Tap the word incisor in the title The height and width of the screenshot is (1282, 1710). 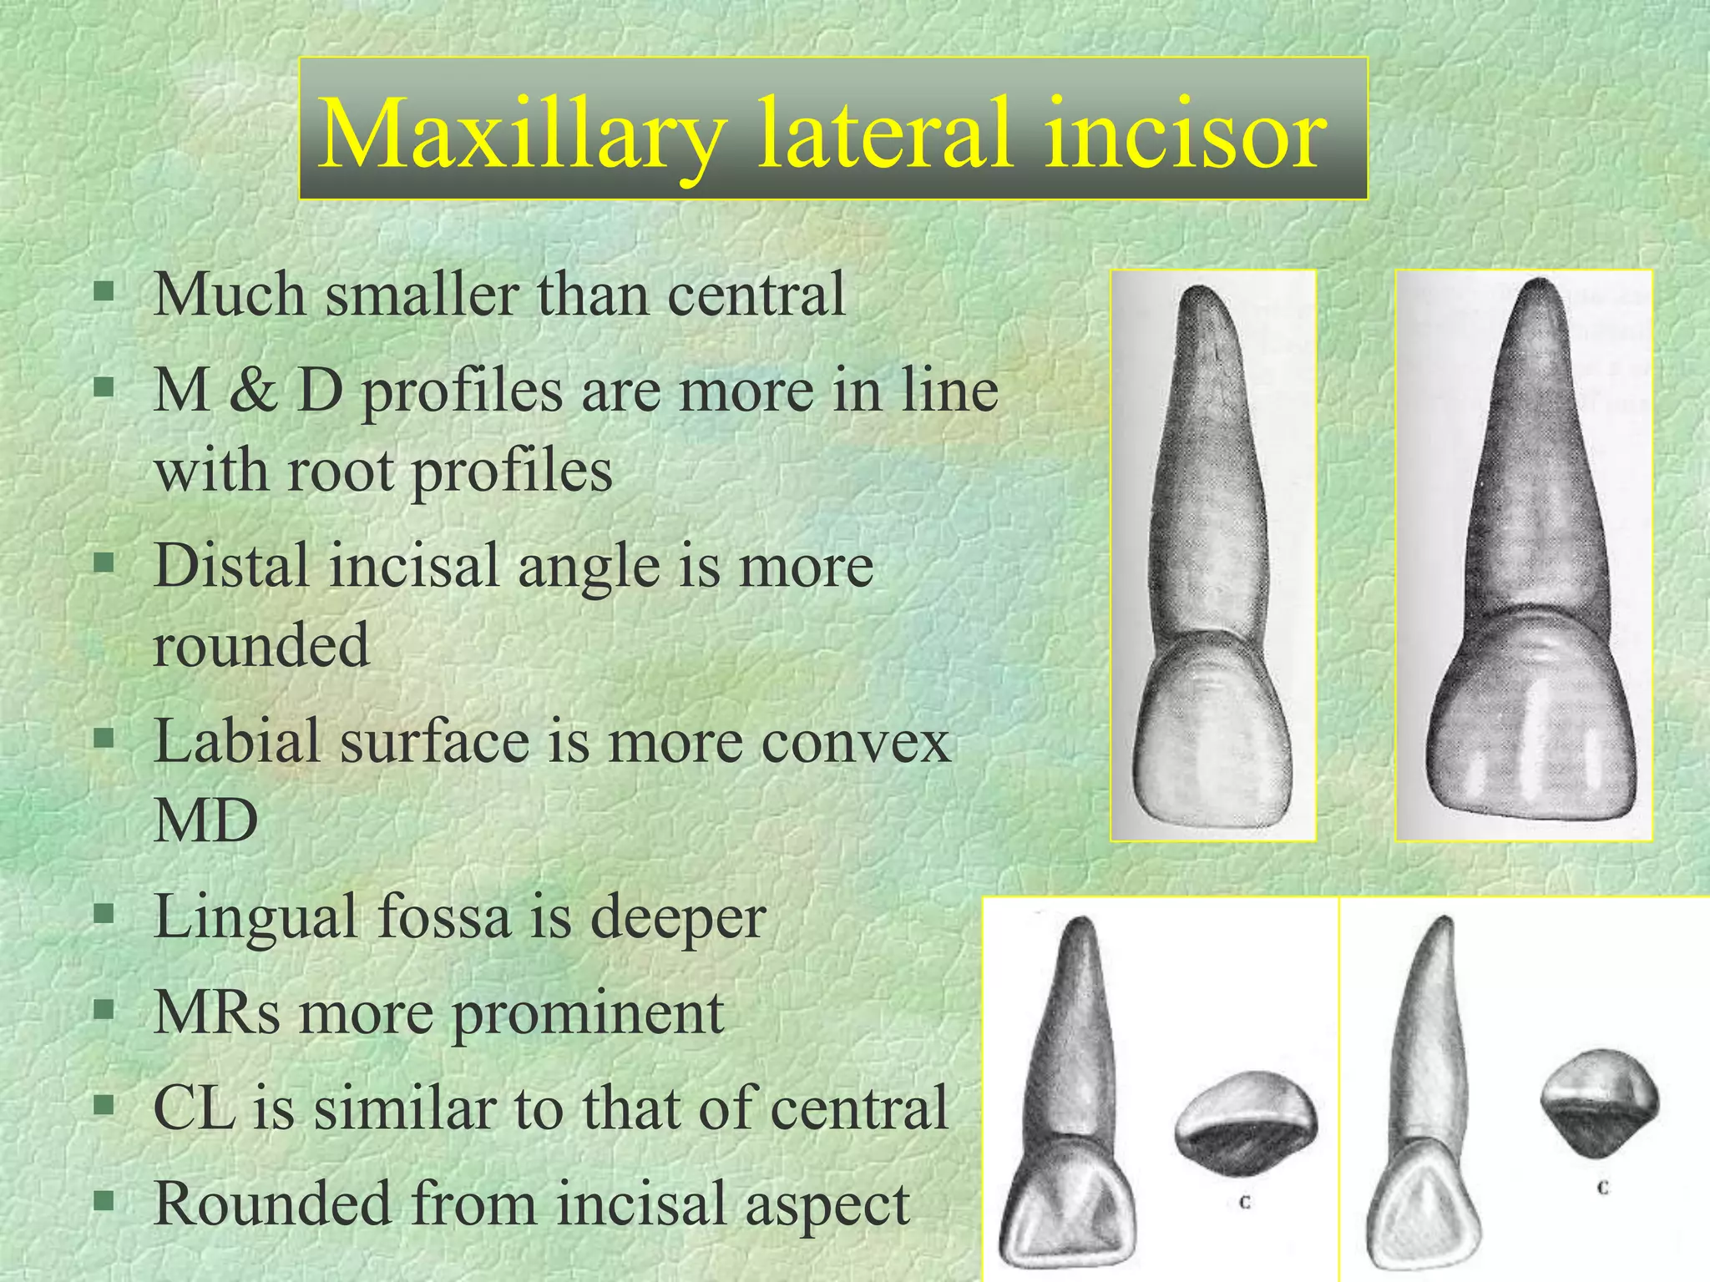(1185, 134)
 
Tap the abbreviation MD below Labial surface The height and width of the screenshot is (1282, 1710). (205, 821)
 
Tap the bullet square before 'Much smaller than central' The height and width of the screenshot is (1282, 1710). (104, 291)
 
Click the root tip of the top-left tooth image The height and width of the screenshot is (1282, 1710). (1199, 293)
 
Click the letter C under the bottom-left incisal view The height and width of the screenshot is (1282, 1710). (1244, 1203)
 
